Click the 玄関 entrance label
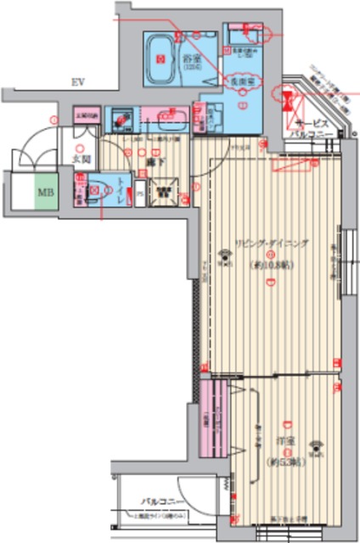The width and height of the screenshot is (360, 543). tap(81, 159)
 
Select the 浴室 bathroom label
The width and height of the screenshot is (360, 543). tap(190, 59)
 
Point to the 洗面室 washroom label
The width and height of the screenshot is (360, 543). tap(239, 81)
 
